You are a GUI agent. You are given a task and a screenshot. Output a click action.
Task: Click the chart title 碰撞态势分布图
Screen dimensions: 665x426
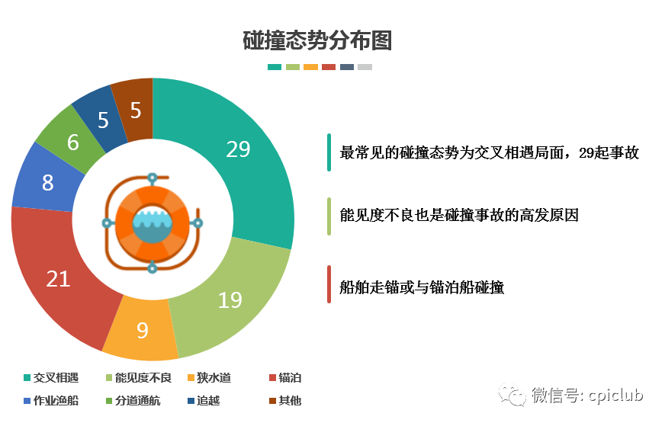tap(317, 40)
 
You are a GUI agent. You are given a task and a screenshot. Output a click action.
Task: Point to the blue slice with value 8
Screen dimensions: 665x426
tap(47, 182)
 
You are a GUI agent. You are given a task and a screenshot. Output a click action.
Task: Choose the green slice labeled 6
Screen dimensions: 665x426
tap(72, 142)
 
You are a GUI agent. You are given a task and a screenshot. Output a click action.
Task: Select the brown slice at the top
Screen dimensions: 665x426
tap(136, 111)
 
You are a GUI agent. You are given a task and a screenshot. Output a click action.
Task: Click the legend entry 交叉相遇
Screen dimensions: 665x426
tap(51, 377)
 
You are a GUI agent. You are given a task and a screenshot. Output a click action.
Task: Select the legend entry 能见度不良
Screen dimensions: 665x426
tap(138, 377)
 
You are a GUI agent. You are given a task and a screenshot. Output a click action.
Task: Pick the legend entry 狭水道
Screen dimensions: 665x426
tap(209, 377)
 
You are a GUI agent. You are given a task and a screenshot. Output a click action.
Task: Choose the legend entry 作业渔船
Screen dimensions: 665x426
tap(51, 401)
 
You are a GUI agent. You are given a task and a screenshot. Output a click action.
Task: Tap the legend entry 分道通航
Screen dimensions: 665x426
tap(133, 401)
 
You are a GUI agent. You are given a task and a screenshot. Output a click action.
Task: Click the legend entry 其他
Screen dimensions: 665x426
tap(285, 401)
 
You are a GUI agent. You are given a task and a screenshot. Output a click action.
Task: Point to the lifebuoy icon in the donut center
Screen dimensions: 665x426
tap(153, 223)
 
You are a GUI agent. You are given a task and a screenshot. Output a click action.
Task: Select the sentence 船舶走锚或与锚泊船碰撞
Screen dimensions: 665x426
tap(422, 287)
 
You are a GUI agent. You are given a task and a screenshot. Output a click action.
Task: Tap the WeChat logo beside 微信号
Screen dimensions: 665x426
tap(512, 395)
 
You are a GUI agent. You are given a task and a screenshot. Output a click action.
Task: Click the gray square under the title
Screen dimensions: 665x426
tap(365, 67)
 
